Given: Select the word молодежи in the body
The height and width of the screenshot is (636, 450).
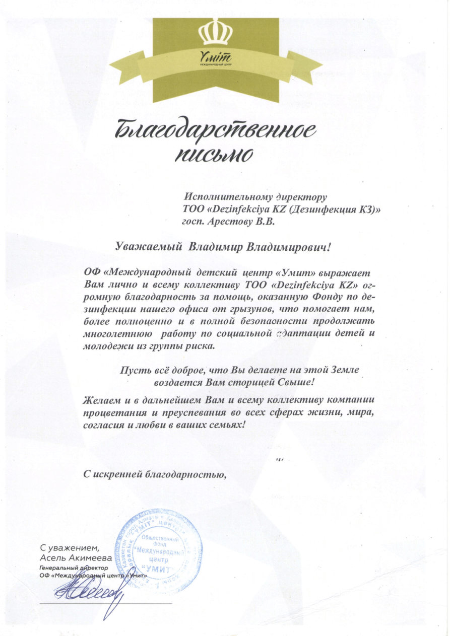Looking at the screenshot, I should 103,346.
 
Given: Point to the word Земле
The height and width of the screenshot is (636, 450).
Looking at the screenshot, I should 344,370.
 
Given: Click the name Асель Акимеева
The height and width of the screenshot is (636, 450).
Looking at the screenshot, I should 68,558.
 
